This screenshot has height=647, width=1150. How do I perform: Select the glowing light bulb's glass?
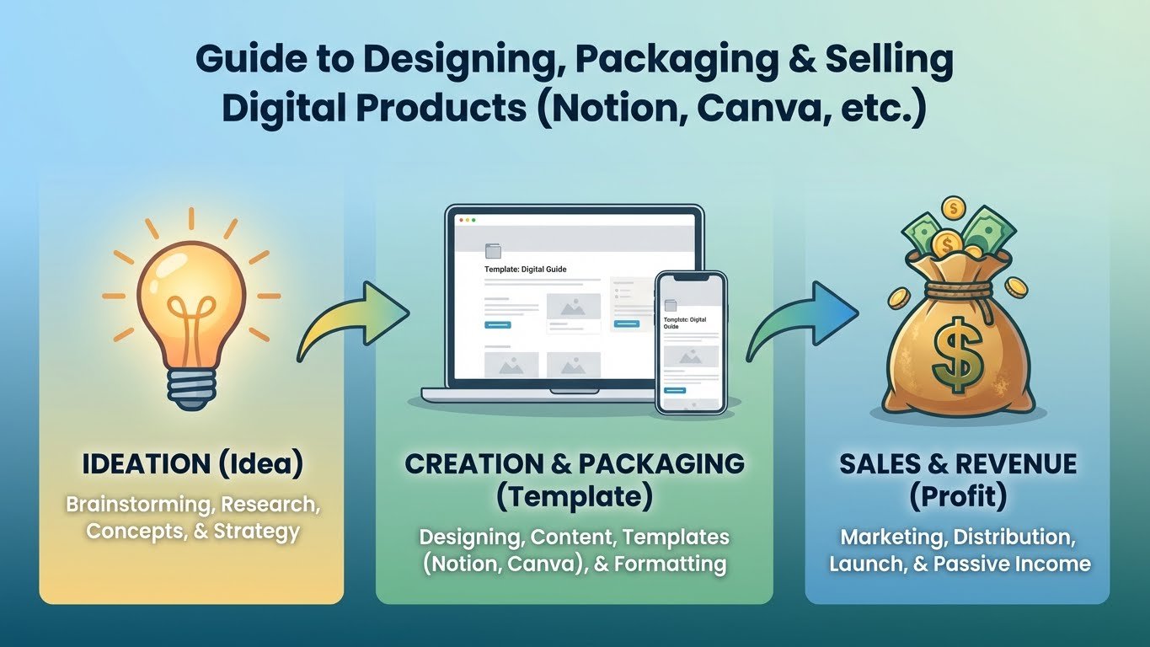point(191,304)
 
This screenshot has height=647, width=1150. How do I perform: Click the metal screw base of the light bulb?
point(191,388)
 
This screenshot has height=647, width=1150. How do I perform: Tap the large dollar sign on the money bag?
point(957,355)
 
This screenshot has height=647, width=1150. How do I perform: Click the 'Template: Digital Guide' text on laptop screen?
point(525,269)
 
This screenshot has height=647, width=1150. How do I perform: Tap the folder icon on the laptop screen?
point(493,250)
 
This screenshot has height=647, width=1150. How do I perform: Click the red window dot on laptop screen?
point(461,220)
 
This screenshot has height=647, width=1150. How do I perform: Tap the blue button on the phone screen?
point(675,391)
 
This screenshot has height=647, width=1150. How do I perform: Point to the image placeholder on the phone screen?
point(691,356)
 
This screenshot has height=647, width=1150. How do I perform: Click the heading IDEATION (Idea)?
point(193,464)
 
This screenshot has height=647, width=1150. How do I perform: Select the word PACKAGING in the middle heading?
point(661,463)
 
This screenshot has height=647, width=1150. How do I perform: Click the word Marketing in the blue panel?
point(894,537)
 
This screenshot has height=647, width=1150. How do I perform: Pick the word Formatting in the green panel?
point(670,564)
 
